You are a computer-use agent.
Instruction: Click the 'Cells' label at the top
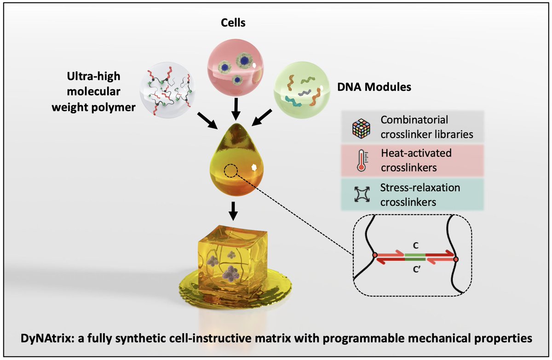pyautogui.click(x=232, y=23)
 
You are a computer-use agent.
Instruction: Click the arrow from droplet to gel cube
pyautogui.click(x=233, y=211)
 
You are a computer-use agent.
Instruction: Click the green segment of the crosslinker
pyautogui.click(x=415, y=260)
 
